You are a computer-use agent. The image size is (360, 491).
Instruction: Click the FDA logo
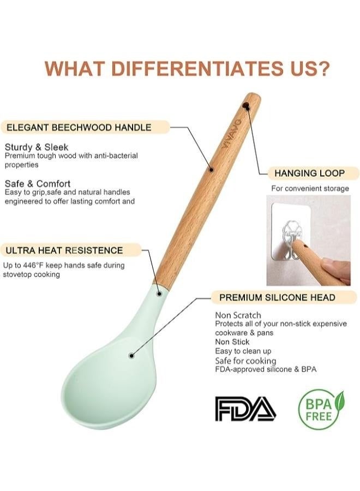(x=245, y=409)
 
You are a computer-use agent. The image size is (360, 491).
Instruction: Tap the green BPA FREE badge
(x=321, y=409)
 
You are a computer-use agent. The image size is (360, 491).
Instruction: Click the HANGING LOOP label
(x=309, y=173)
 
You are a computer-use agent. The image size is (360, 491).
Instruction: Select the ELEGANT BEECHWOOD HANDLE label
(x=79, y=128)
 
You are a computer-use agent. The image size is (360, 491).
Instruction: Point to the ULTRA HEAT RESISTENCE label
(x=64, y=250)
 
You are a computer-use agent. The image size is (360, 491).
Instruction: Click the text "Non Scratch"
(x=238, y=315)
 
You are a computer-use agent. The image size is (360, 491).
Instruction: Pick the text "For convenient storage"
(x=310, y=189)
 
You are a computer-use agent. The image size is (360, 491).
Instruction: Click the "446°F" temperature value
(x=38, y=266)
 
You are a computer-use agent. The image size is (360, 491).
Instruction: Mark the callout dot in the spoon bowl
(x=131, y=355)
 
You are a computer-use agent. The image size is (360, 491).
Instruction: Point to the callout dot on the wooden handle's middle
(x=212, y=169)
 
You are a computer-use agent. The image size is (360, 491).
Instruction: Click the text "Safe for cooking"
(x=245, y=361)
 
